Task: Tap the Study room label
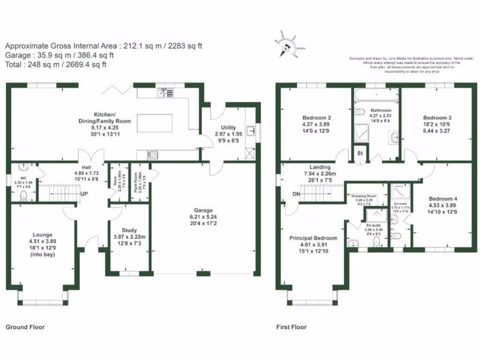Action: click(x=129, y=230)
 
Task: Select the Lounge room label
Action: click(x=42, y=234)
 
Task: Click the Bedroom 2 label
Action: click(x=317, y=117)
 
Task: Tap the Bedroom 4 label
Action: click(x=442, y=198)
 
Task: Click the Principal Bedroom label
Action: click(x=313, y=238)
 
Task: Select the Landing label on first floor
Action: click(x=320, y=167)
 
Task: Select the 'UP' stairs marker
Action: click(x=84, y=194)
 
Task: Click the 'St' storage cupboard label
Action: click(x=360, y=153)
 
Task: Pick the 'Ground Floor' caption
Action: click(x=25, y=327)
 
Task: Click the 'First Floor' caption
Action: click(x=291, y=327)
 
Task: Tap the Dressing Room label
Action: click(x=364, y=196)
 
